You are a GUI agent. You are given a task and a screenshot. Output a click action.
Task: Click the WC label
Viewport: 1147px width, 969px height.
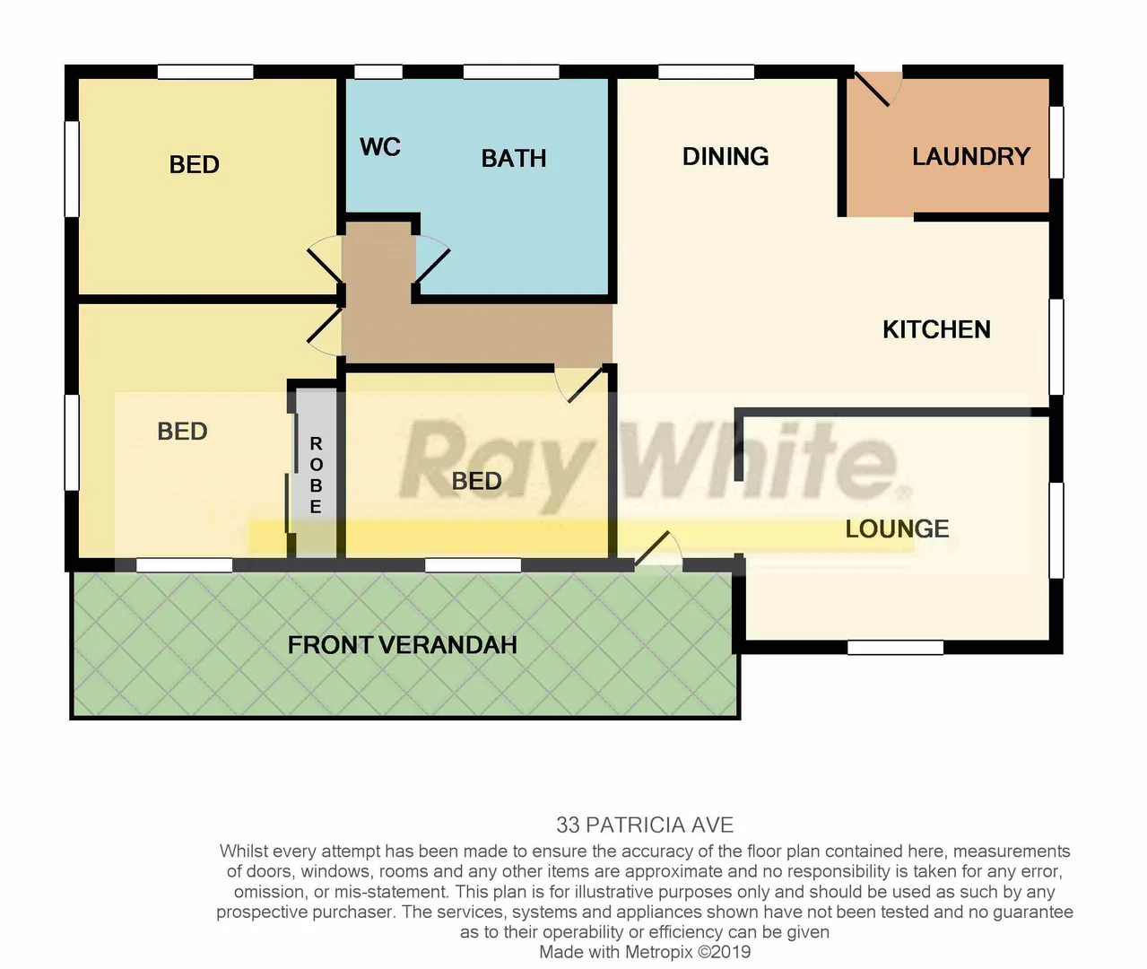pos(380,147)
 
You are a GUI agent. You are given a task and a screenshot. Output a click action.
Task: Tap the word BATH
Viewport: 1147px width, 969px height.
pos(514,159)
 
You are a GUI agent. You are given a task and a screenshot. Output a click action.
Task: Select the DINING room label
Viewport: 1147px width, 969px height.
pos(726,157)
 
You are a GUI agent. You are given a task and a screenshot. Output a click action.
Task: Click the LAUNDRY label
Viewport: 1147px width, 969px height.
pos(971,157)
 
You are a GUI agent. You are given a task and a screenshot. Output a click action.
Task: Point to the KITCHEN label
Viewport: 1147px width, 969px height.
pos(936,329)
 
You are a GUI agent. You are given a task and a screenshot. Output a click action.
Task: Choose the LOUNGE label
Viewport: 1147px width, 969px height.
pos(897,528)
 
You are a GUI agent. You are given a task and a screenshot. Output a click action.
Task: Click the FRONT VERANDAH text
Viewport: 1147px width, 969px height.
pos(403,645)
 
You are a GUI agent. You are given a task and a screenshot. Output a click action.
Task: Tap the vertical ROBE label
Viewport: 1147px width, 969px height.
pos(316,475)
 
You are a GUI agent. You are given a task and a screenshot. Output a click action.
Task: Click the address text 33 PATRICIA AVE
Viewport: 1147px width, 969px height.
pos(645,825)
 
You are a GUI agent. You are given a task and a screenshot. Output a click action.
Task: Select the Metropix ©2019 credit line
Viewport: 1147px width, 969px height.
pos(645,952)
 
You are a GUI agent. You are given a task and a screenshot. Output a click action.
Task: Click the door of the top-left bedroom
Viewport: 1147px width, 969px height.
pos(324,262)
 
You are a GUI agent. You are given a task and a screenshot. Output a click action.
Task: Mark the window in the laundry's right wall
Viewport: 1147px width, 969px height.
pos(1056,142)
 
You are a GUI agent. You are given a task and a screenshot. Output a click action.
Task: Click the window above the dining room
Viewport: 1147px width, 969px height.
pos(707,72)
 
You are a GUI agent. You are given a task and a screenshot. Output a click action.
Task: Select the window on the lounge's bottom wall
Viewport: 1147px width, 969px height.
pos(895,647)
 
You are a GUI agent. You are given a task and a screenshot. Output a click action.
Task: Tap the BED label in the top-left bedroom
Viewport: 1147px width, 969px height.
pos(195,165)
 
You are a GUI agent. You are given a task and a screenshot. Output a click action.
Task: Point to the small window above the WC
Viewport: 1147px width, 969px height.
pos(378,72)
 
